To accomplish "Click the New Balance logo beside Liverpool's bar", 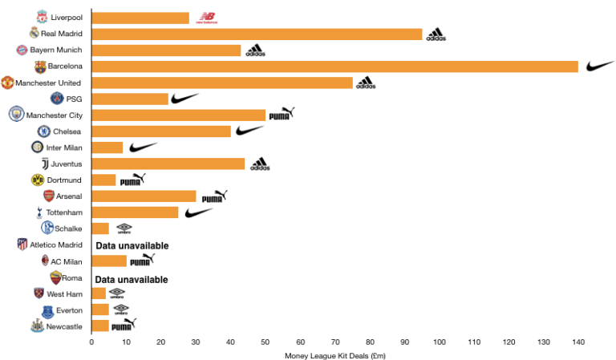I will click(x=206, y=18).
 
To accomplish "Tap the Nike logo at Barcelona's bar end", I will click(x=599, y=67).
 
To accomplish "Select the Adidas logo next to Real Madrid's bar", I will click(x=436, y=34).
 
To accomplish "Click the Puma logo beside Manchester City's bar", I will click(x=281, y=114).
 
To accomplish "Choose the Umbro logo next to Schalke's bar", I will click(x=124, y=229).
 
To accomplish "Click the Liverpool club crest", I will click(x=42, y=17).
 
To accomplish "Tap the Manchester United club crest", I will click(x=7, y=83).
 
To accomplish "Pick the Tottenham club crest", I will click(x=38, y=212).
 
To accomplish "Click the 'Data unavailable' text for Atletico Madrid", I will click(x=132, y=245).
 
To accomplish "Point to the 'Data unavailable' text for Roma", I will click(x=132, y=279).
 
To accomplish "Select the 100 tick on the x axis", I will click(x=439, y=342).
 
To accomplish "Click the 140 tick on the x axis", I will click(x=577, y=342).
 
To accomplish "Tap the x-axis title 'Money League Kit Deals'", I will click(x=334, y=354).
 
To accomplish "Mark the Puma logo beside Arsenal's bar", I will click(x=214, y=196).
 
